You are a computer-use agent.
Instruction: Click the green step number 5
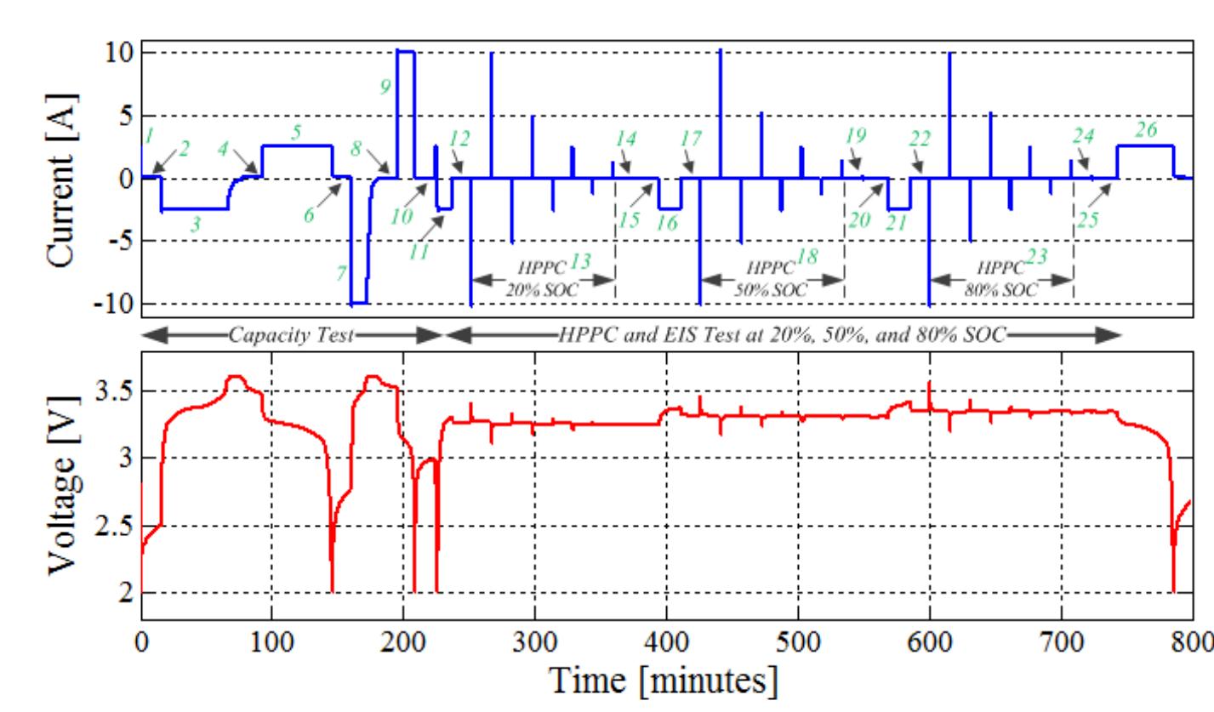click(296, 133)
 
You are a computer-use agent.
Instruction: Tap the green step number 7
click(341, 273)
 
